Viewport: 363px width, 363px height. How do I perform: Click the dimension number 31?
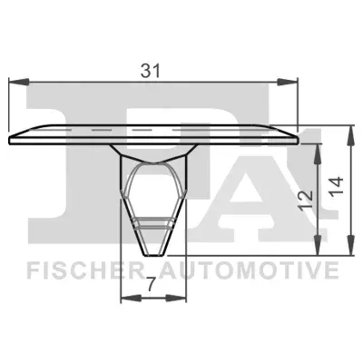click(x=151, y=71)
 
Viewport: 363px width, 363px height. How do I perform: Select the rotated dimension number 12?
click(x=305, y=201)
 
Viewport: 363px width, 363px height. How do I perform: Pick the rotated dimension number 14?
click(x=337, y=187)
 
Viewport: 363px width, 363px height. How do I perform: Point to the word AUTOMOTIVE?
click(x=248, y=270)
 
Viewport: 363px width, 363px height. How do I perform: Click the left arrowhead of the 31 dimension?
click(x=19, y=82)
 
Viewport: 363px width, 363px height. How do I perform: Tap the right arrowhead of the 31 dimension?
click(x=288, y=82)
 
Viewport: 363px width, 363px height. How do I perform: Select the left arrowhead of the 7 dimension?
click(x=131, y=299)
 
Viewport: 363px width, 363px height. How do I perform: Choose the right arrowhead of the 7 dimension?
click(x=176, y=299)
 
